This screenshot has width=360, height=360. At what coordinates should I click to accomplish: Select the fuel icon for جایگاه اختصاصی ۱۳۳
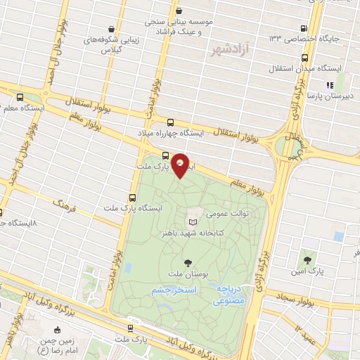point(303,27)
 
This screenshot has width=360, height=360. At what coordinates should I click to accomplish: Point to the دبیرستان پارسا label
point(330,94)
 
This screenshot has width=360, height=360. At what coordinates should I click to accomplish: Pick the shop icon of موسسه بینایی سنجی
point(179,11)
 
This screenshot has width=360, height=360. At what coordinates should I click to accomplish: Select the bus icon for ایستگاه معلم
point(20,98)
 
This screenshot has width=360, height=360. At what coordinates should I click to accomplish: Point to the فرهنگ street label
point(67,207)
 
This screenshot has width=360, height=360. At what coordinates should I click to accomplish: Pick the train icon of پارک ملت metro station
point(131,328)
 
